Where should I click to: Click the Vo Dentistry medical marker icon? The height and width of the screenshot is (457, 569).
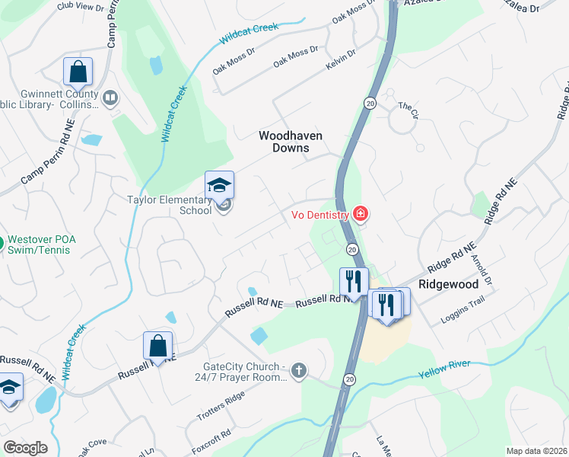click(361, 215)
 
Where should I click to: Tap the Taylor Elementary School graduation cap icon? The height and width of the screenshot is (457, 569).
click(218, 185)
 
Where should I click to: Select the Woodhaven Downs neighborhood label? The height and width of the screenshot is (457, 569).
click(291, 142)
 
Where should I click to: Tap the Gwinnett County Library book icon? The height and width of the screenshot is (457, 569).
click(110, 97)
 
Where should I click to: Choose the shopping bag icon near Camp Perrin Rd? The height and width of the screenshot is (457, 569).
click(78, 72)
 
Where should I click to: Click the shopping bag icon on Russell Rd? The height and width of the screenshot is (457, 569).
click(157, 345)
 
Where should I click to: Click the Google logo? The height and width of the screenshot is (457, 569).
click(25, 448)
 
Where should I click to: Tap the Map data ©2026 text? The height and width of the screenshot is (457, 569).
click(536, 451)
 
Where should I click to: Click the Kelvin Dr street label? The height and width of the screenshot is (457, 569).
click(340, 59)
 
